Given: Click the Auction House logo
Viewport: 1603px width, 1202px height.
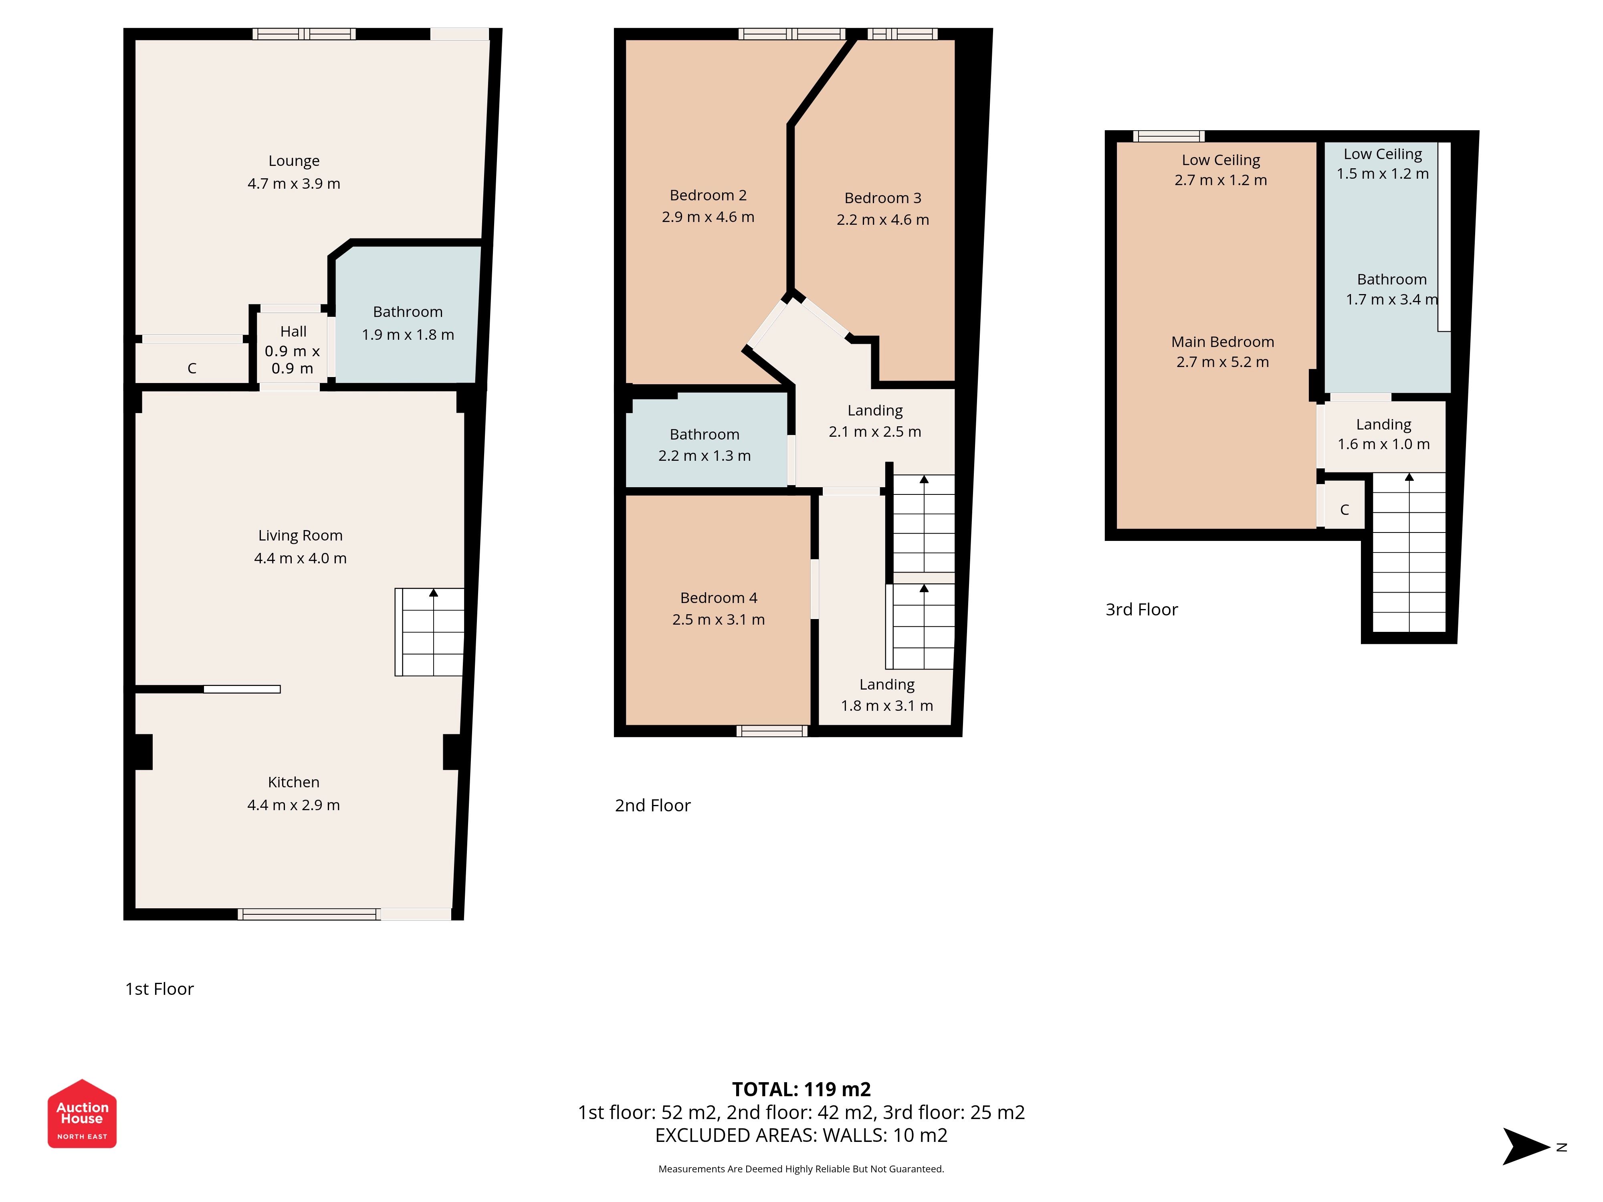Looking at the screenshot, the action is point(82,1113).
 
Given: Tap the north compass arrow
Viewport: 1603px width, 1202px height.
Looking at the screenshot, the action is point(1526,1146).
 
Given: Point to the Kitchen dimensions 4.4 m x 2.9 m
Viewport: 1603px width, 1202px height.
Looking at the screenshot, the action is point(293,805).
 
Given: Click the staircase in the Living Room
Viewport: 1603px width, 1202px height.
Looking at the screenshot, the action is point(429,632).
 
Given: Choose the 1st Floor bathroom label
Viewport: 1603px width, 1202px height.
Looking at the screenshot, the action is point(408,312).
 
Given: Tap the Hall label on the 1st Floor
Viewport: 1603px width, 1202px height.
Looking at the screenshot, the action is point(293,331).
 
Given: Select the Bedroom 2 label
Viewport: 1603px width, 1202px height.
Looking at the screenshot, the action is point(708,195).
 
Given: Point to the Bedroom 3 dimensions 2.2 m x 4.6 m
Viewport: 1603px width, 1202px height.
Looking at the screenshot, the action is point(883,220).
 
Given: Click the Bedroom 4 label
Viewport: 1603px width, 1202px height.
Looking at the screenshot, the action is point(719,598).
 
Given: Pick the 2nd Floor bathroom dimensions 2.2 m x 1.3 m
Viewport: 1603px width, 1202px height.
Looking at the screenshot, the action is point(705,456).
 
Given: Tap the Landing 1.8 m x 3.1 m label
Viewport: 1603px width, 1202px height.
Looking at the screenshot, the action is point(887,695).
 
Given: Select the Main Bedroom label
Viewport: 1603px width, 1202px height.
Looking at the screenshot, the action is point(1223,342).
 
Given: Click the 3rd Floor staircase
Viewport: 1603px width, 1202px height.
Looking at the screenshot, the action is point(1409,553).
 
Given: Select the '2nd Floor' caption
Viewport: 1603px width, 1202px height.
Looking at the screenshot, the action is point(653,806).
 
